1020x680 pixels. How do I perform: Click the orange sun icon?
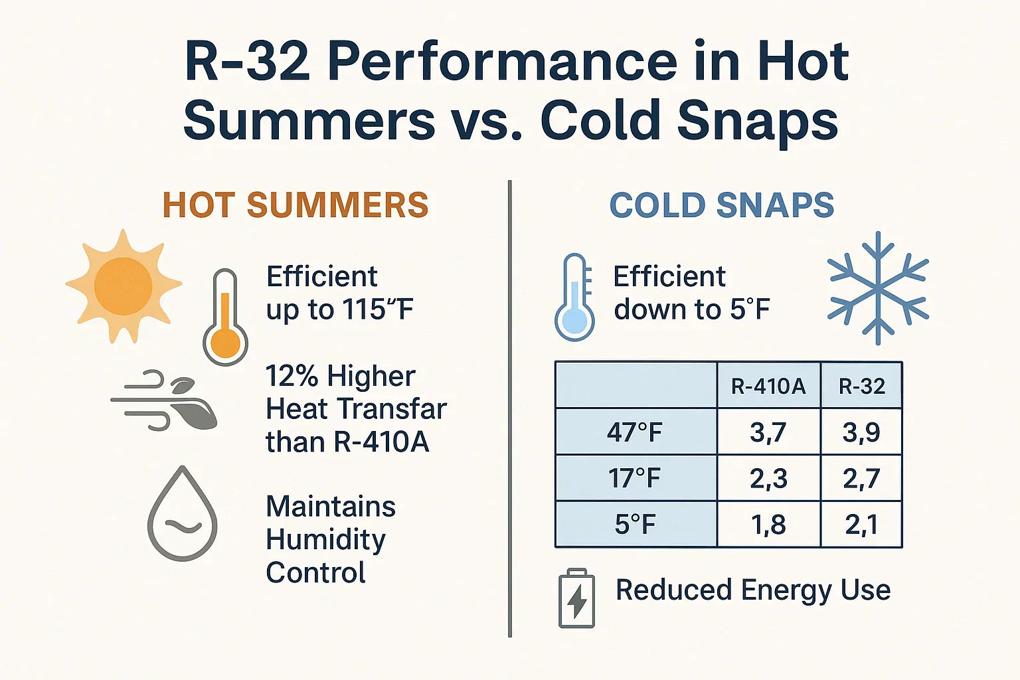coord(124,286)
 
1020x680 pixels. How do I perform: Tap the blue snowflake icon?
coord(878,288)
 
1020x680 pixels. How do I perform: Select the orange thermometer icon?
coord(226,319)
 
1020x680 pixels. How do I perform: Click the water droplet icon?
coord(183,515)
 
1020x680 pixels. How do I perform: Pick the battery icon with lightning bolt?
coord(576,598)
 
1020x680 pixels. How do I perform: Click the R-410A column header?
coord(768,386)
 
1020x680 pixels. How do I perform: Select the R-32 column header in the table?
coord(861,386)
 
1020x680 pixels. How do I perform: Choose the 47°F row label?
coord(636,432)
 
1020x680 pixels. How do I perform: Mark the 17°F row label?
coord(636,478)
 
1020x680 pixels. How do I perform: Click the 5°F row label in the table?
coord(636,525)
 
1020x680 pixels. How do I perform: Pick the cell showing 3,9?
coord(861,432)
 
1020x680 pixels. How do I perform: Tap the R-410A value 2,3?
coord(768,478)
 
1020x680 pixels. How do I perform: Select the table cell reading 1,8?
coord(768,525)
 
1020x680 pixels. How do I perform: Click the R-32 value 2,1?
coord(861,525)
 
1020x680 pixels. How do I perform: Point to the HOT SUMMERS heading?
coord(296,205)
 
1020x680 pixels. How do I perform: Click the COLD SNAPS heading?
coord(722,205)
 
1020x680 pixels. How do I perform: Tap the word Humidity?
coord(325,540)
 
